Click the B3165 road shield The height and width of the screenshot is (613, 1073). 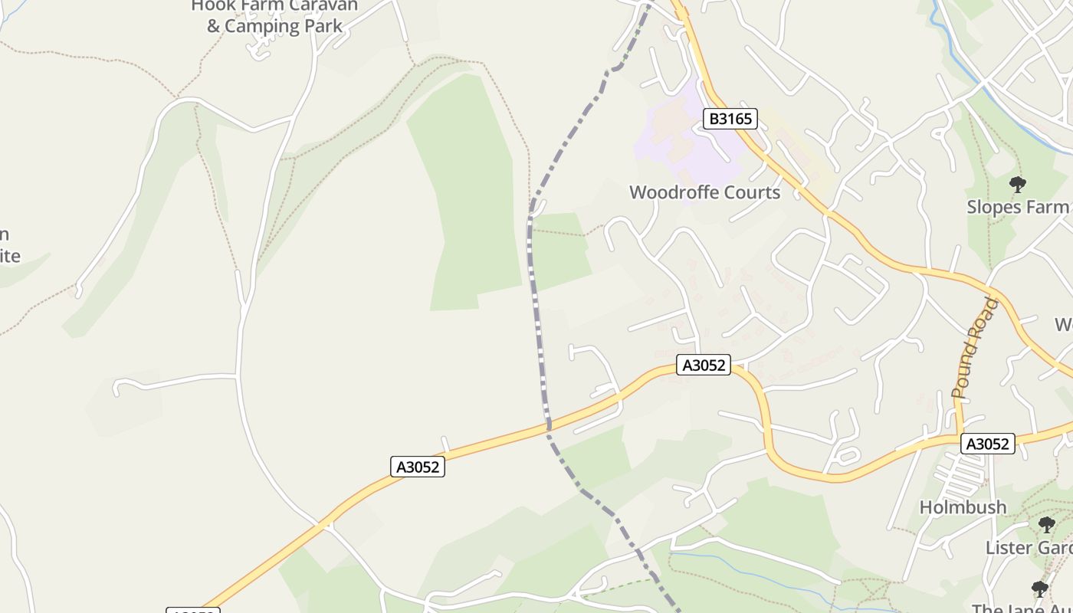pos(730,119)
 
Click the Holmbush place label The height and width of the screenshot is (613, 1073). pos(963,507)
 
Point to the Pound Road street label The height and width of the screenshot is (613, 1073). pos(976,348)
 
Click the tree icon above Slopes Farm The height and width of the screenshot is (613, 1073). pos(1018,184)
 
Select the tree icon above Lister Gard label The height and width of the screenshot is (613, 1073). pos(1046,525)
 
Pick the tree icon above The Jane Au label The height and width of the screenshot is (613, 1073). pos(1039,588)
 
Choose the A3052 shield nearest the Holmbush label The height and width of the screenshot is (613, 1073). pos(988,444)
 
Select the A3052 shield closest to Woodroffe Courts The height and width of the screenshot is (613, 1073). pos(704,366)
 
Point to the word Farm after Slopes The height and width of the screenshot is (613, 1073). pos(1048,207)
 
